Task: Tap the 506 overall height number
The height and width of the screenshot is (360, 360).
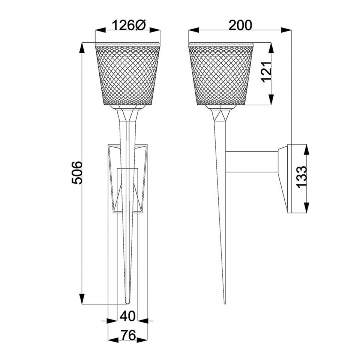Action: point(77,173)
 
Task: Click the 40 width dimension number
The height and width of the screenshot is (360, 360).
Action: point(127,316)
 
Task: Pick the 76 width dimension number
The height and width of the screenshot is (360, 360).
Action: point(128,336)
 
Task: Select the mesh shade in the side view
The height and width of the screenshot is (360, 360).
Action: point(222,74)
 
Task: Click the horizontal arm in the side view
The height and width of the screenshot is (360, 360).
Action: point(251,161)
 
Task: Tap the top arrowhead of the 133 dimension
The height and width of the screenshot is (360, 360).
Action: point(307,149)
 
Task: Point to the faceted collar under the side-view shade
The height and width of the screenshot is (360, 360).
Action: point(221,114)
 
